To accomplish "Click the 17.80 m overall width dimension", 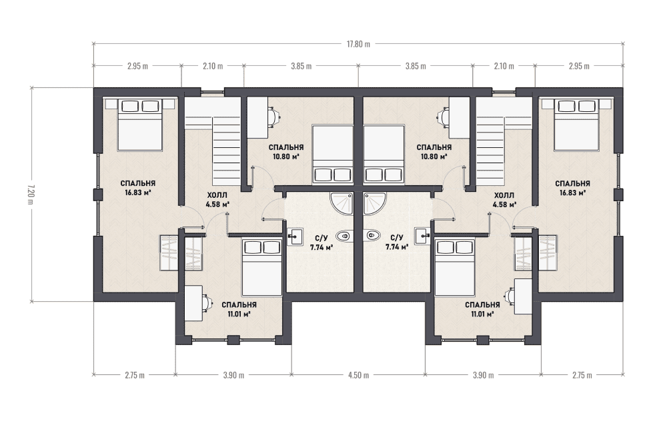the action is point(358,44).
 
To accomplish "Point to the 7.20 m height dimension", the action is point(31,194).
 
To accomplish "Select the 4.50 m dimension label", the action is point(358,375).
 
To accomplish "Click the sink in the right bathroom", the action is point(423,236).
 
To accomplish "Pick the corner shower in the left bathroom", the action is point(342,203).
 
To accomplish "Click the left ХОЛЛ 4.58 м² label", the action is point(217,200).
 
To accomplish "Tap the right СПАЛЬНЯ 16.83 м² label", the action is point(572,188).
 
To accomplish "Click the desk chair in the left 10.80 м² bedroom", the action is point(274,115).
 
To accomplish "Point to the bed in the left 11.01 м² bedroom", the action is point(262,267).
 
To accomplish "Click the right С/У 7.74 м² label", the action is point(397,242).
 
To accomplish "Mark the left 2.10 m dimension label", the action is point(213,66).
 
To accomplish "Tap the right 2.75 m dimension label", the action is point(582,375).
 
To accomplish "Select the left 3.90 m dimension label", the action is point(233,375).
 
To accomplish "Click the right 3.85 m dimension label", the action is point(415,66).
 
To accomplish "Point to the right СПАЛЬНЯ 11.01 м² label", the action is point(482,309).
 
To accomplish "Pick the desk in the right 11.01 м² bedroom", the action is point(523,296).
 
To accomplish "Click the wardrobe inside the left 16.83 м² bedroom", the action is point(169,252).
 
